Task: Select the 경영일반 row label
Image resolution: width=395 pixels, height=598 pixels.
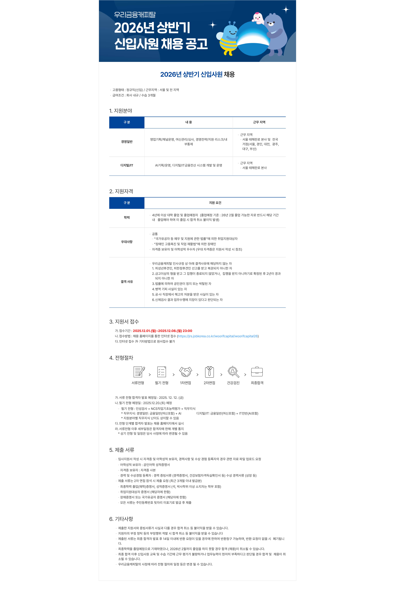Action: [127, 142]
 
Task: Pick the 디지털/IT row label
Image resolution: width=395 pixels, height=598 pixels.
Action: [127, 165]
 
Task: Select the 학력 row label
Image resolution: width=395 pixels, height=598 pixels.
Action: [127, 217]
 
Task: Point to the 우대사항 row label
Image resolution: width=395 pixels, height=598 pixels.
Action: [127, 242]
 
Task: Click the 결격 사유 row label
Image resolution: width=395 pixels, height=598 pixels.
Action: [127, 282]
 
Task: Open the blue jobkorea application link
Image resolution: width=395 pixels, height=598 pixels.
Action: [218, 336]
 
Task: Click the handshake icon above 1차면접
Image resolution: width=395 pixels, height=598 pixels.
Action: [185, 372]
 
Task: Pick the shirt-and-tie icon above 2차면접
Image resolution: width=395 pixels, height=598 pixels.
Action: [209, 372]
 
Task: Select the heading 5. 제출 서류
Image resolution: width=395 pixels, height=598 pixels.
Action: [122, 450]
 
